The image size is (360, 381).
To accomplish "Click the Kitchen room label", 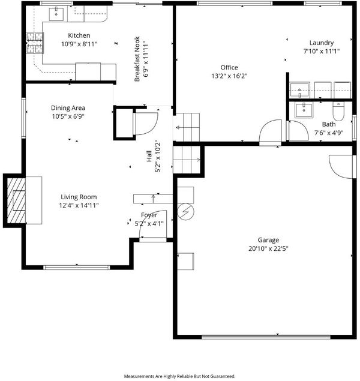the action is coord(79,35).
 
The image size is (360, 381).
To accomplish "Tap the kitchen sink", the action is coord(56,14).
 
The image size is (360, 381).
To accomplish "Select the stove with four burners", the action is coord(35,43).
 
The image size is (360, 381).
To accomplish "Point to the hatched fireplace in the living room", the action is coord(16,201).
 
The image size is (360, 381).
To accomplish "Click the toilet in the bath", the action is coord(338,111).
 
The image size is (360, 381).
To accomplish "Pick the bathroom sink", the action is coord(304,110).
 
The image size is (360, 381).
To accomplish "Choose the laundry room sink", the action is coord(300,90).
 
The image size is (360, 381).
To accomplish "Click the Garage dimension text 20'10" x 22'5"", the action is coord(268,248).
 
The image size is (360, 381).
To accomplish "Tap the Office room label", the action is coord(229,67).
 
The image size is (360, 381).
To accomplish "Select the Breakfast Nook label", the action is coord(137,59).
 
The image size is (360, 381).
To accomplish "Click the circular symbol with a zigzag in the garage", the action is coord(185,212).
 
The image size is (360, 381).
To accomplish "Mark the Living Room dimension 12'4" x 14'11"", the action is coord(79,206).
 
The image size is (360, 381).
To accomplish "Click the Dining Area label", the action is coord(68,108).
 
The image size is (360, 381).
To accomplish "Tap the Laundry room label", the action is coord(322,43).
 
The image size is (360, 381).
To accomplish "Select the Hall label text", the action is coord(149,156).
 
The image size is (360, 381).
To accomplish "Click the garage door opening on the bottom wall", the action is coord(266,337).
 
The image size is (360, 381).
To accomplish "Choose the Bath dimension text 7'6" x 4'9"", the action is coord(329,133).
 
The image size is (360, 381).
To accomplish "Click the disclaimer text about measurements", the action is coord(179,376).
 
